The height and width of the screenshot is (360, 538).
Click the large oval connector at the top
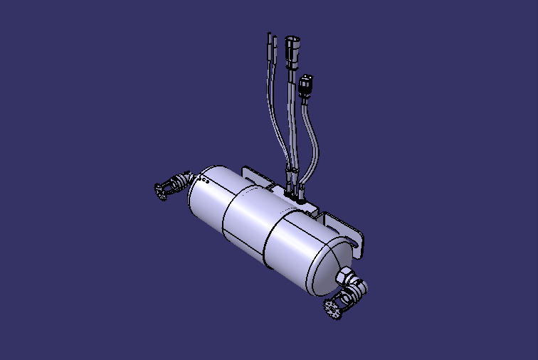click(293, 51)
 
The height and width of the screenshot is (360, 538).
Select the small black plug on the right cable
click(307, 86)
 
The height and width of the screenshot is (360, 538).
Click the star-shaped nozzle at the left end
click(162, 189)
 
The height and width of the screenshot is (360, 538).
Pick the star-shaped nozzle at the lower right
click(332, 309)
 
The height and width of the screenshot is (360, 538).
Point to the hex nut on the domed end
click(342, 276)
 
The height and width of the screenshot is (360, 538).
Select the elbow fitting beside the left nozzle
click(182, 181)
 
